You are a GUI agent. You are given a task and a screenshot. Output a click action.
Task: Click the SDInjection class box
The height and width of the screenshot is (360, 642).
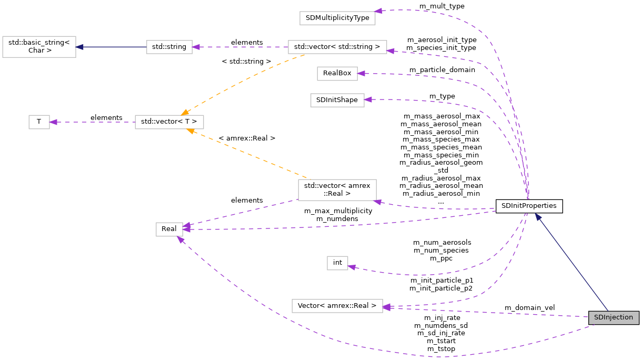click(x=614, y=317)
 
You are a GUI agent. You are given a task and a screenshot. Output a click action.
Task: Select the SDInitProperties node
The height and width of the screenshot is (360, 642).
click(x=529, y=206)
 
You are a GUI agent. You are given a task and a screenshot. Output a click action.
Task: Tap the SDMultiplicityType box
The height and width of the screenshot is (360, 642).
click(x=337, y=18)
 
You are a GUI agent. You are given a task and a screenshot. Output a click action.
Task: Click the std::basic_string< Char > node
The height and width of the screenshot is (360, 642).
click(x=39, y=47)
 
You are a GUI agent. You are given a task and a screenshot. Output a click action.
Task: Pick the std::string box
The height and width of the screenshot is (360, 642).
click(x=169, y=47)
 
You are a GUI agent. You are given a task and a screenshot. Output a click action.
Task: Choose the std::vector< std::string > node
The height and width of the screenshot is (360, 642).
click(x=337, y=47)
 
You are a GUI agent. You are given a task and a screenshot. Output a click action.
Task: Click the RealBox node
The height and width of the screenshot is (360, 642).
click(x=337, y=74)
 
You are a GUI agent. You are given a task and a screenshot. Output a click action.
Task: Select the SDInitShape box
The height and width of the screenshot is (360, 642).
click(x=337, y=100)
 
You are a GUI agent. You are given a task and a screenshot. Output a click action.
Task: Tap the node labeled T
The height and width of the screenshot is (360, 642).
click(x=39, y=122)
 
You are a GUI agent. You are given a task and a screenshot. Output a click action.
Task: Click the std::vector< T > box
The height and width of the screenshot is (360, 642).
click(x=169, y=122)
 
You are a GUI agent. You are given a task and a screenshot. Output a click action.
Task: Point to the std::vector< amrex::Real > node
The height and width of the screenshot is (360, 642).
click(x=337, y=190)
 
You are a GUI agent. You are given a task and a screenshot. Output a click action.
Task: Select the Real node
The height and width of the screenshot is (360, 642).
click(x=169, y=229)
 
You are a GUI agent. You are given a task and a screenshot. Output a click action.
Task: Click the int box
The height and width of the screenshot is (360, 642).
click(x=337, y=263)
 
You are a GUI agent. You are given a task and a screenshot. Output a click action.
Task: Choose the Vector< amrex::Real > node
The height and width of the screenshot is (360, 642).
click(x=337, y=306)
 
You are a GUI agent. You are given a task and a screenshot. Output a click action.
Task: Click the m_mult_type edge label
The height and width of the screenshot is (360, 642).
click(x=442, y=6)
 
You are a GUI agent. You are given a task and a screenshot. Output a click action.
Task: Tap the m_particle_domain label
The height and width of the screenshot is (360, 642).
click(x=442, y=69)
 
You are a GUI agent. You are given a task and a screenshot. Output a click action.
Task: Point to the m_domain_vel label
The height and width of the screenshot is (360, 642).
click(x=529, y=307)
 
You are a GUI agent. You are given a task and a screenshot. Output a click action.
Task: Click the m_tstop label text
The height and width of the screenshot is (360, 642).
click(x=441, y=348)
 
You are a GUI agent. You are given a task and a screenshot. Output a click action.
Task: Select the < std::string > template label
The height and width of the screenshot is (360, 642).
click(x=246, y=62)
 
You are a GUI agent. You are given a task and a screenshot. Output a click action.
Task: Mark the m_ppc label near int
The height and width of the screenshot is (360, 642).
click(x=441, y=258)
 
